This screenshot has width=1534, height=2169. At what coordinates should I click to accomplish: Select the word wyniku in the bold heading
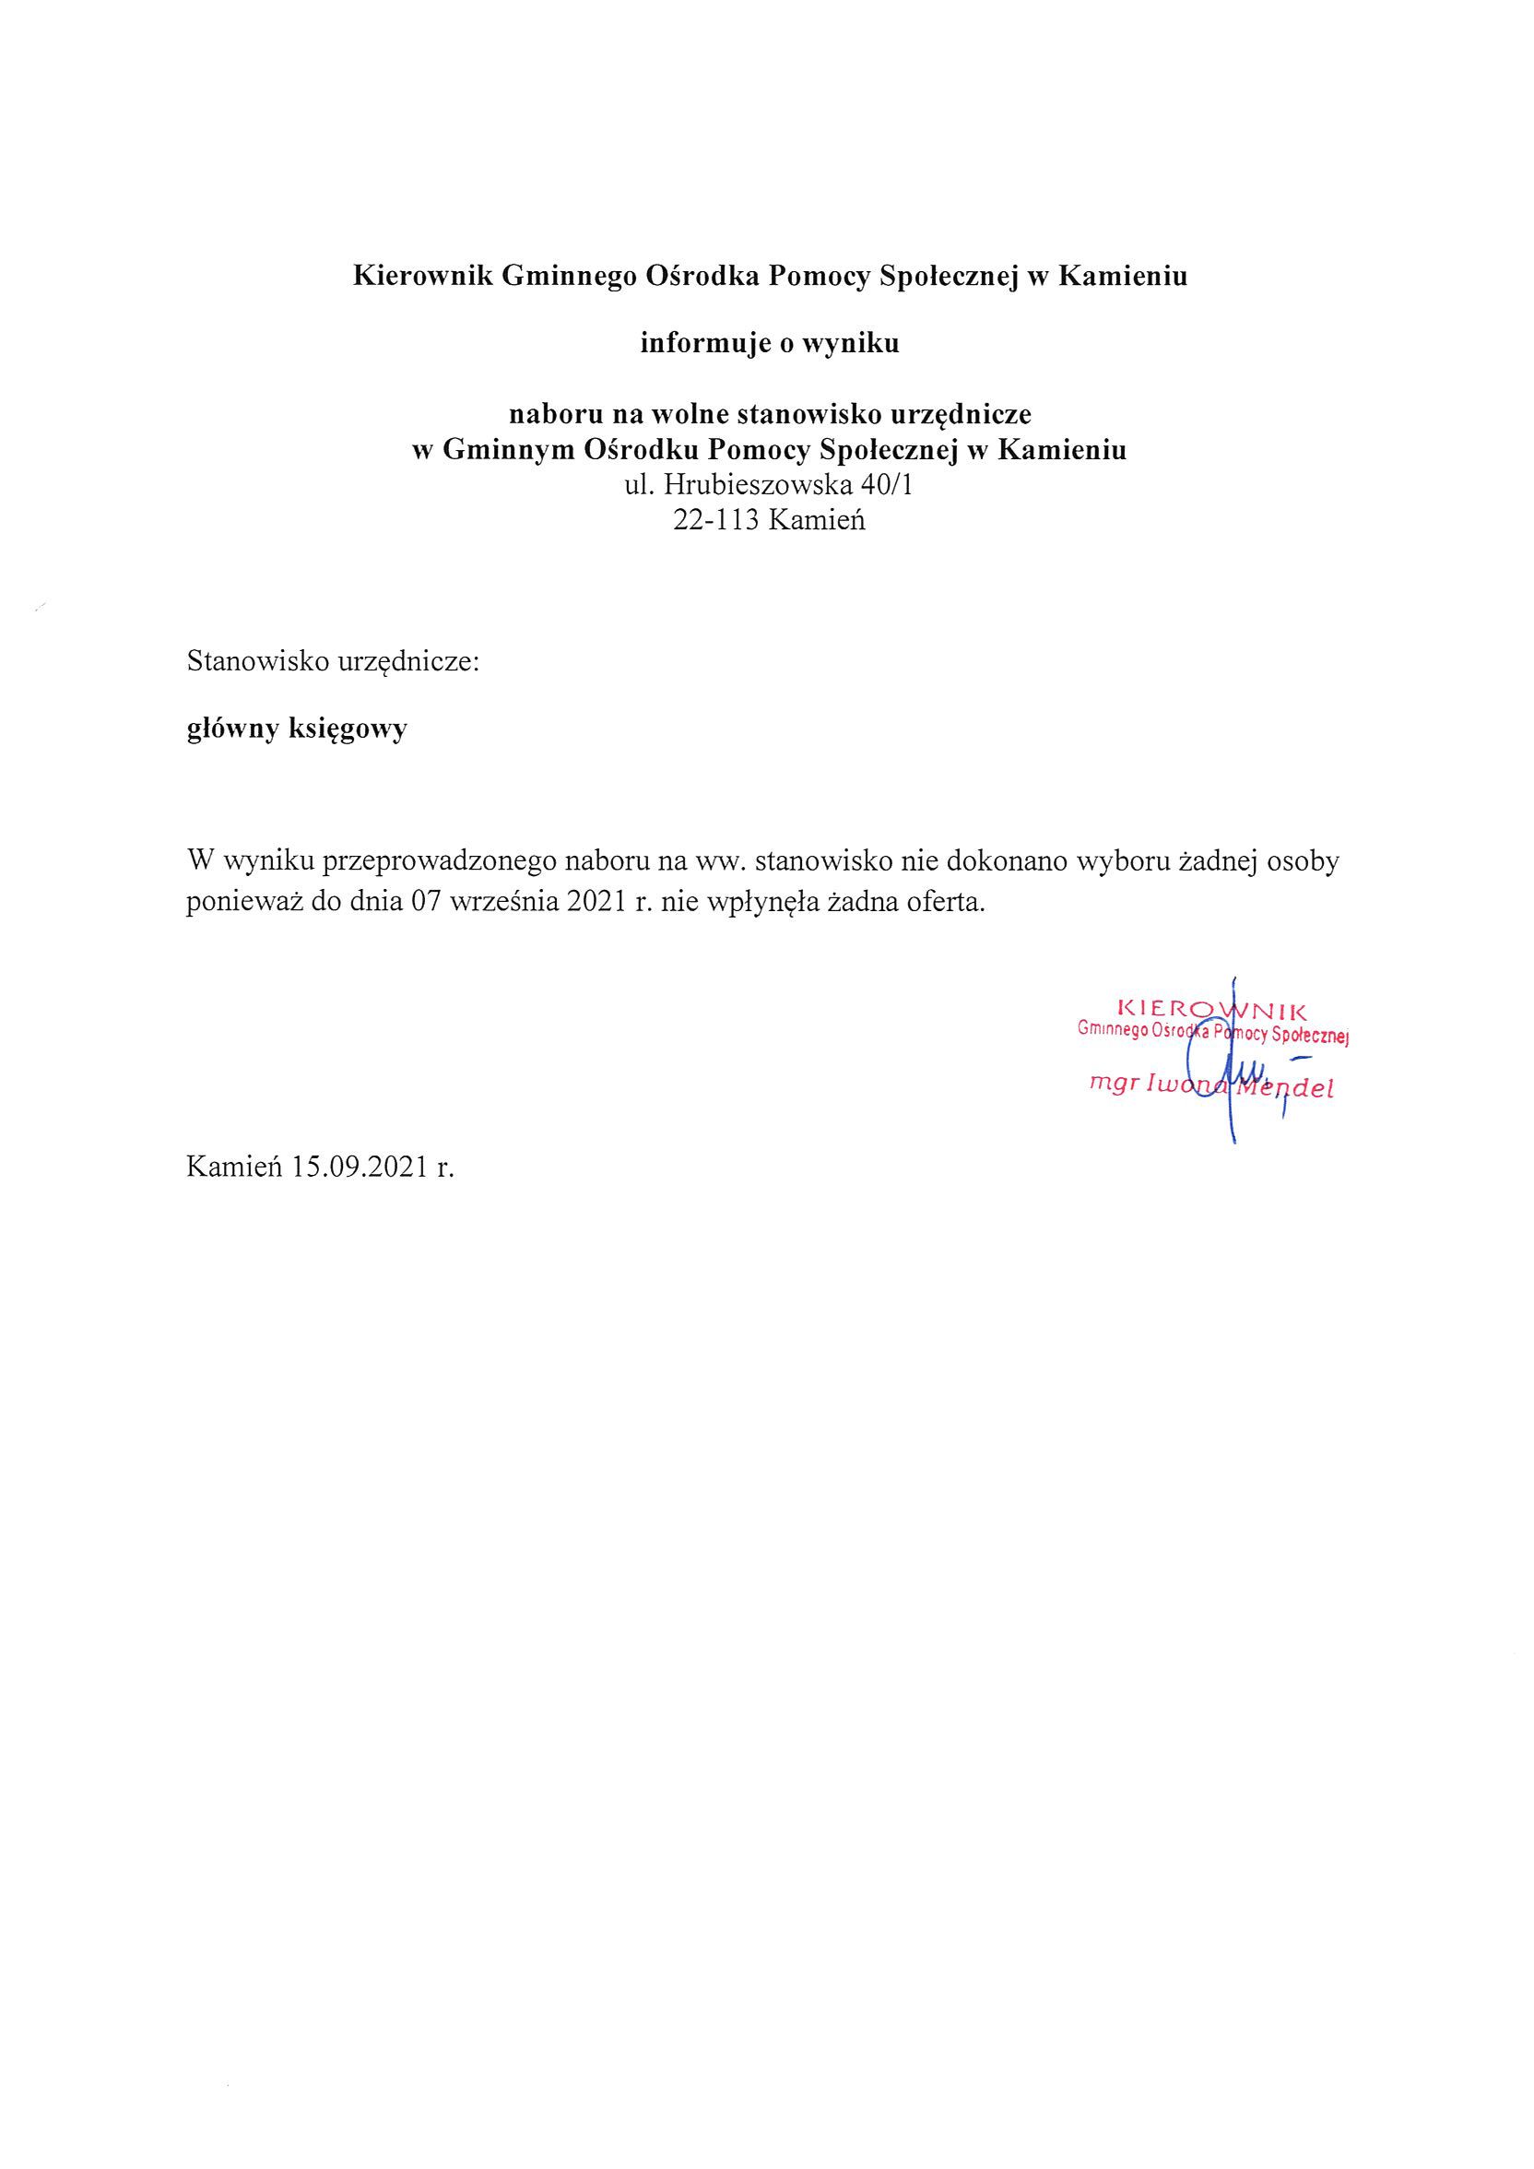850,344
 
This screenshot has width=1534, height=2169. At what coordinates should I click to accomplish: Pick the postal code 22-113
716,520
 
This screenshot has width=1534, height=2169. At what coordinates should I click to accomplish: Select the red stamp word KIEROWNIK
1211,1008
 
